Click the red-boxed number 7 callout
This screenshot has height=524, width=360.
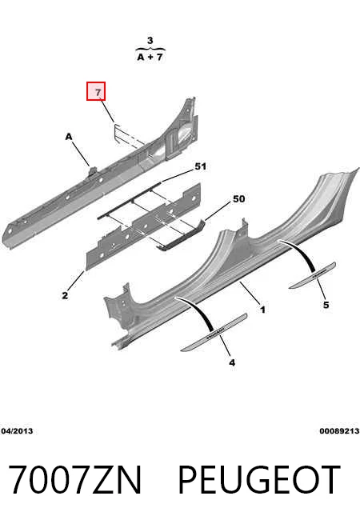96,91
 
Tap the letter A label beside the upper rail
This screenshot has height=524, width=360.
69,137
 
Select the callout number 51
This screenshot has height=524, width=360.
200,166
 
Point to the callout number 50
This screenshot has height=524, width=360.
238,199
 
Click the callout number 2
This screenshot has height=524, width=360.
65,295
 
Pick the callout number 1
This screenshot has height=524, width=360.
262,310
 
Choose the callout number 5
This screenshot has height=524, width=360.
326,305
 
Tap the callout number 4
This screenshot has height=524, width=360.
232,362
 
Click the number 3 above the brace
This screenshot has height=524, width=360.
150,41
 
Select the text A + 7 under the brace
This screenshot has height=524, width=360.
150,57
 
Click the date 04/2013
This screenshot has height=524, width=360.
17,430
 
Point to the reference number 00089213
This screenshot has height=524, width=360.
339,430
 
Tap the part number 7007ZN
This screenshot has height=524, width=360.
75,479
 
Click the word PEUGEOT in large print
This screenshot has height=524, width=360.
259,479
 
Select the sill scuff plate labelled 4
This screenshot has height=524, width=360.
214,332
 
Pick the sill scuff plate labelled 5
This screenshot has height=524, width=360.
313,275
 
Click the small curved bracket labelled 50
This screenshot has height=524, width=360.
181,234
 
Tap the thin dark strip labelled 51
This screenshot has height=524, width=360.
130,199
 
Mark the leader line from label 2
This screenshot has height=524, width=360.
76,281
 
